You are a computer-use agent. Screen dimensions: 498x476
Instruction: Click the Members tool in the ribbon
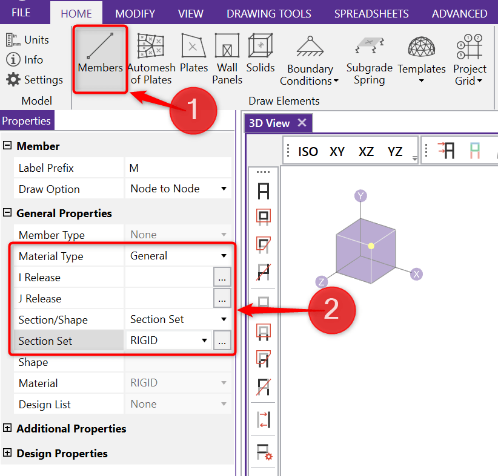click(x=100, y=59)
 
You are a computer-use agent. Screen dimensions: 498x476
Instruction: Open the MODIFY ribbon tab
click(x=135, y=14)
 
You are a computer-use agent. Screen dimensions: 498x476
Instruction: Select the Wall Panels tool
click(x=227, y=59)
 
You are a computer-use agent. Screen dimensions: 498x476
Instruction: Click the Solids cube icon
click(x=261, y=45)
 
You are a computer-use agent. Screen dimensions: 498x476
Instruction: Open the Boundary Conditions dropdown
click(x=310, y=61)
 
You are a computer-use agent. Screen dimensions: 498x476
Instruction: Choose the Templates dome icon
click(x=422, y=46)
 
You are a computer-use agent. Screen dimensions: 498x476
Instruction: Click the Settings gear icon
click(x=13, y=80)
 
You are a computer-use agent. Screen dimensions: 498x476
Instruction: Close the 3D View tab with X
click(x=302, y=122)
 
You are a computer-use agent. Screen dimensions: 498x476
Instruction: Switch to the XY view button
click(x=337, y=152)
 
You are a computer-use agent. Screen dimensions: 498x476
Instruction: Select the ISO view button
click(x=308, y=152)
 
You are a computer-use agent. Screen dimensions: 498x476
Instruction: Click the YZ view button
click(x=395, y=152)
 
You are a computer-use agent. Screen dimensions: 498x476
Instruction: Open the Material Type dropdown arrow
click(x=224, y=256)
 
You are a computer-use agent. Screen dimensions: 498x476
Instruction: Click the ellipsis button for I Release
click(x=222, y=277)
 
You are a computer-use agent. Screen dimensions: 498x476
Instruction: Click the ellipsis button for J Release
click(x=222, y=298)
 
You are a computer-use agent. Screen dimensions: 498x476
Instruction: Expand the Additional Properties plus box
click(x=7, y=428)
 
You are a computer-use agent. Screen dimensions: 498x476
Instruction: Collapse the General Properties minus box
click(x=7, y=212)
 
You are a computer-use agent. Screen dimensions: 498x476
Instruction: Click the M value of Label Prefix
click(x=134, y=168)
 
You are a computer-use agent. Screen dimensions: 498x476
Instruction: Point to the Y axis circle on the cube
click(x=360, y=196)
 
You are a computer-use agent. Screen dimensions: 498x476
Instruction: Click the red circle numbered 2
click(x=332, y=310)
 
